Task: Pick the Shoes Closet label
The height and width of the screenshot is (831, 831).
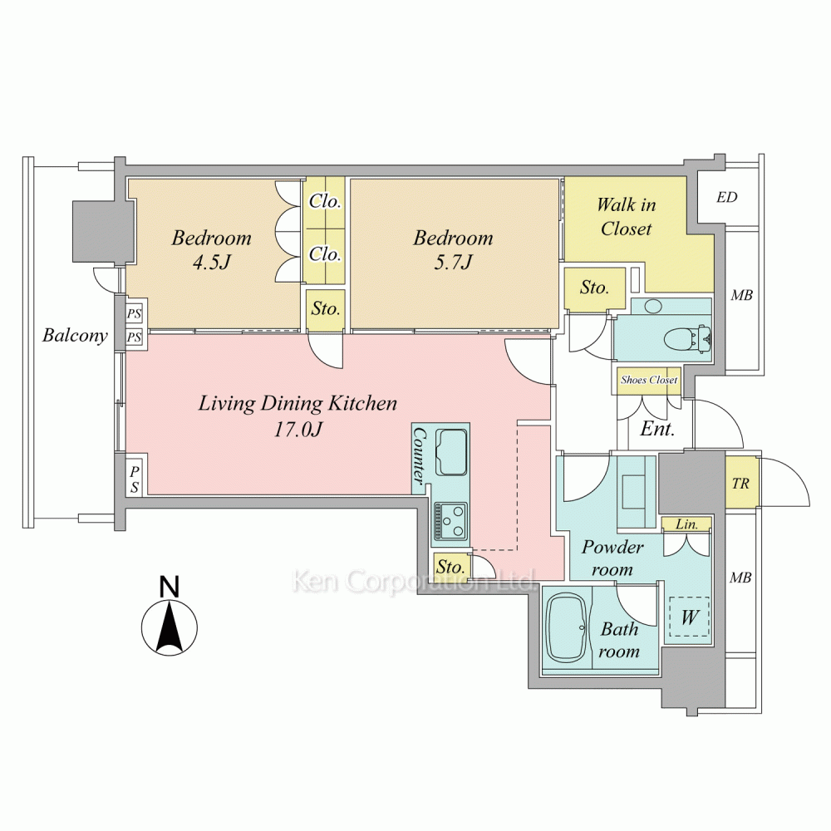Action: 649,380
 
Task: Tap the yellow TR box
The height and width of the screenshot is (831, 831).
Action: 740,483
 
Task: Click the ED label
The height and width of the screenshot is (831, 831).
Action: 726,198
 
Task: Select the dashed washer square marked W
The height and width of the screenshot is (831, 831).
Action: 690,617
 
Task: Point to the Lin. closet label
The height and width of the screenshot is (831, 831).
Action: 686,525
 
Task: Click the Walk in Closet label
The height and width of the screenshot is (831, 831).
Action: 626,217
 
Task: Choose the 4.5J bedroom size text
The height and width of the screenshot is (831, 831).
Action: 211,263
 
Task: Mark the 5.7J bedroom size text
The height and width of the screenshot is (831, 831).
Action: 453,263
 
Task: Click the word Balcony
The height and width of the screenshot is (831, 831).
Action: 76,336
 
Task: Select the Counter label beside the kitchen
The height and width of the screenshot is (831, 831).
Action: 420,455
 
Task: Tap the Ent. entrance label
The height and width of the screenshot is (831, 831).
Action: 656,430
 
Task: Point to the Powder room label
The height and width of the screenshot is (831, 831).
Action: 612,558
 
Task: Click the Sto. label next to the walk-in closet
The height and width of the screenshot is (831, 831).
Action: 594,288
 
